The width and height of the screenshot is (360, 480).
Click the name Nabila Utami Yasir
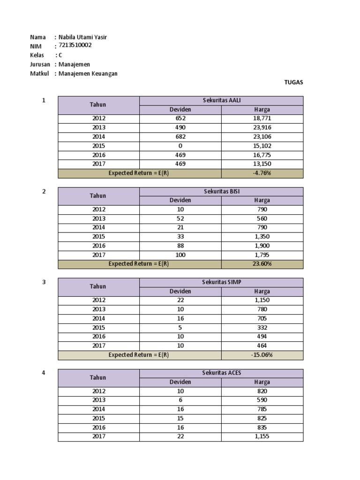coord(85,37)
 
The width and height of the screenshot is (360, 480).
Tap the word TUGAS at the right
coord(293,82)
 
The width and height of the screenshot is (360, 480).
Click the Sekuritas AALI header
coord(221,100)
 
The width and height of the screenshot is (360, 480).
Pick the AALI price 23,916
coord(262,127)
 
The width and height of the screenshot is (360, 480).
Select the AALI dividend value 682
coord(180,136)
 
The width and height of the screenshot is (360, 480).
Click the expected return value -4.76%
coord(262,173)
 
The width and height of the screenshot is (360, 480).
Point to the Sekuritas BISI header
coord(221,191)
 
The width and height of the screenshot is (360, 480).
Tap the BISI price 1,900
coord(262,246)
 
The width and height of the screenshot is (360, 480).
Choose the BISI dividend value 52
coord(180,218)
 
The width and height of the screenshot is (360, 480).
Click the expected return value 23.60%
coord(262,264)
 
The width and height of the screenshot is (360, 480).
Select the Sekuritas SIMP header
coord(221,282)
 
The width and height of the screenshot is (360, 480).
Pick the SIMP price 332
coord(262,328)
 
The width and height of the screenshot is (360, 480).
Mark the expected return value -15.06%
coord(262,355)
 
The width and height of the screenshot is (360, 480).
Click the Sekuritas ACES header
coord(221,373)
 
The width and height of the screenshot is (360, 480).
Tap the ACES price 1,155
coord(262,436)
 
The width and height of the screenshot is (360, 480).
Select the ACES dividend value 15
coord(180,418)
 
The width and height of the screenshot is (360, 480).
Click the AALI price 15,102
coord(262,146)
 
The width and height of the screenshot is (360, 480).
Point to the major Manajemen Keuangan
coord(88,73)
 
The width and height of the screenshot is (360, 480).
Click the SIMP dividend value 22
coord(180,300)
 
